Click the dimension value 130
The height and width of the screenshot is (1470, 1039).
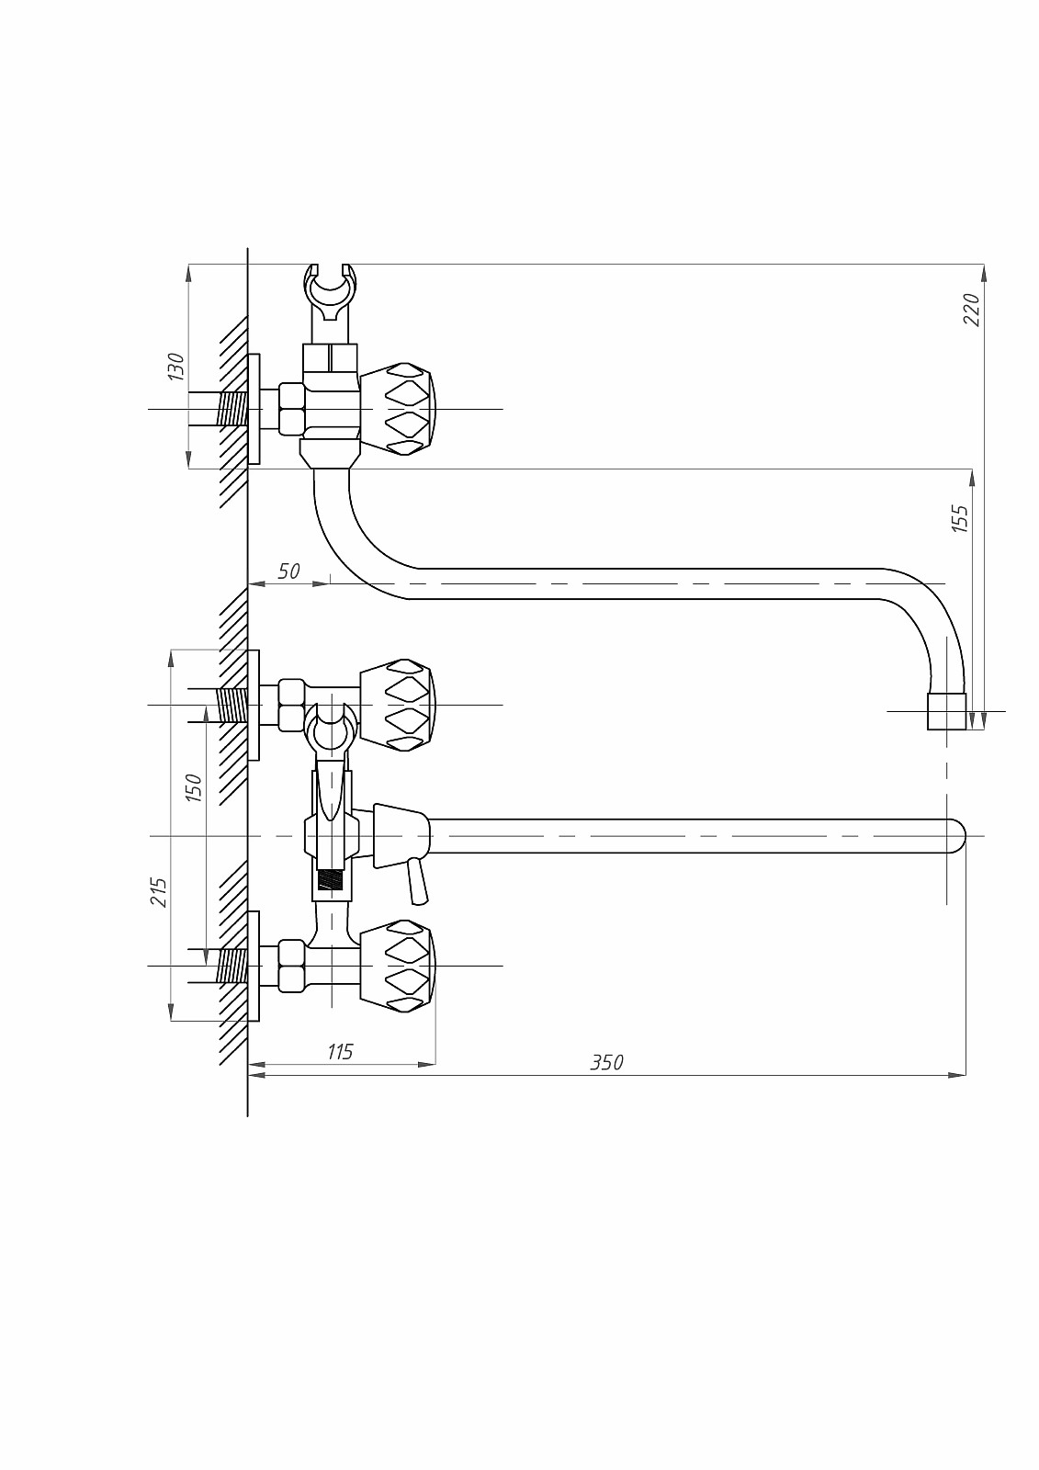[176, 367]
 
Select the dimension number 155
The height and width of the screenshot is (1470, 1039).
[960, 518]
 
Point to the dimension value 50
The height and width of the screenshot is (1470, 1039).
[288, 571]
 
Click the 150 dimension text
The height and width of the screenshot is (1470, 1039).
[194, 788]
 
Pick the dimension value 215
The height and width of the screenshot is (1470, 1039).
[160, 892]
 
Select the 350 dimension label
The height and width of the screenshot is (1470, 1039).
[606, 1080]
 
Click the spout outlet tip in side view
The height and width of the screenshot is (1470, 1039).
[946, 711]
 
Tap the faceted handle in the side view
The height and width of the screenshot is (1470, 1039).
[398, 410]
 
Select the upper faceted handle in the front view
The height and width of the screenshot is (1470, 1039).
[398, 705]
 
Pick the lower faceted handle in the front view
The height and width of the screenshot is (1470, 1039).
[398, 966]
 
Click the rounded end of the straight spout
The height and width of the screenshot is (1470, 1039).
[957, 836]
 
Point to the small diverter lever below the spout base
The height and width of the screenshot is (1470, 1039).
[416, 881]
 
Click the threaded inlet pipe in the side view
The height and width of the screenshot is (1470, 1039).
[232, 410]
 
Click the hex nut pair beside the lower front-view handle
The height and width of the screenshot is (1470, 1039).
[291, 966]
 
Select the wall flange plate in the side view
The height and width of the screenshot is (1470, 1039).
[254, 410]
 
